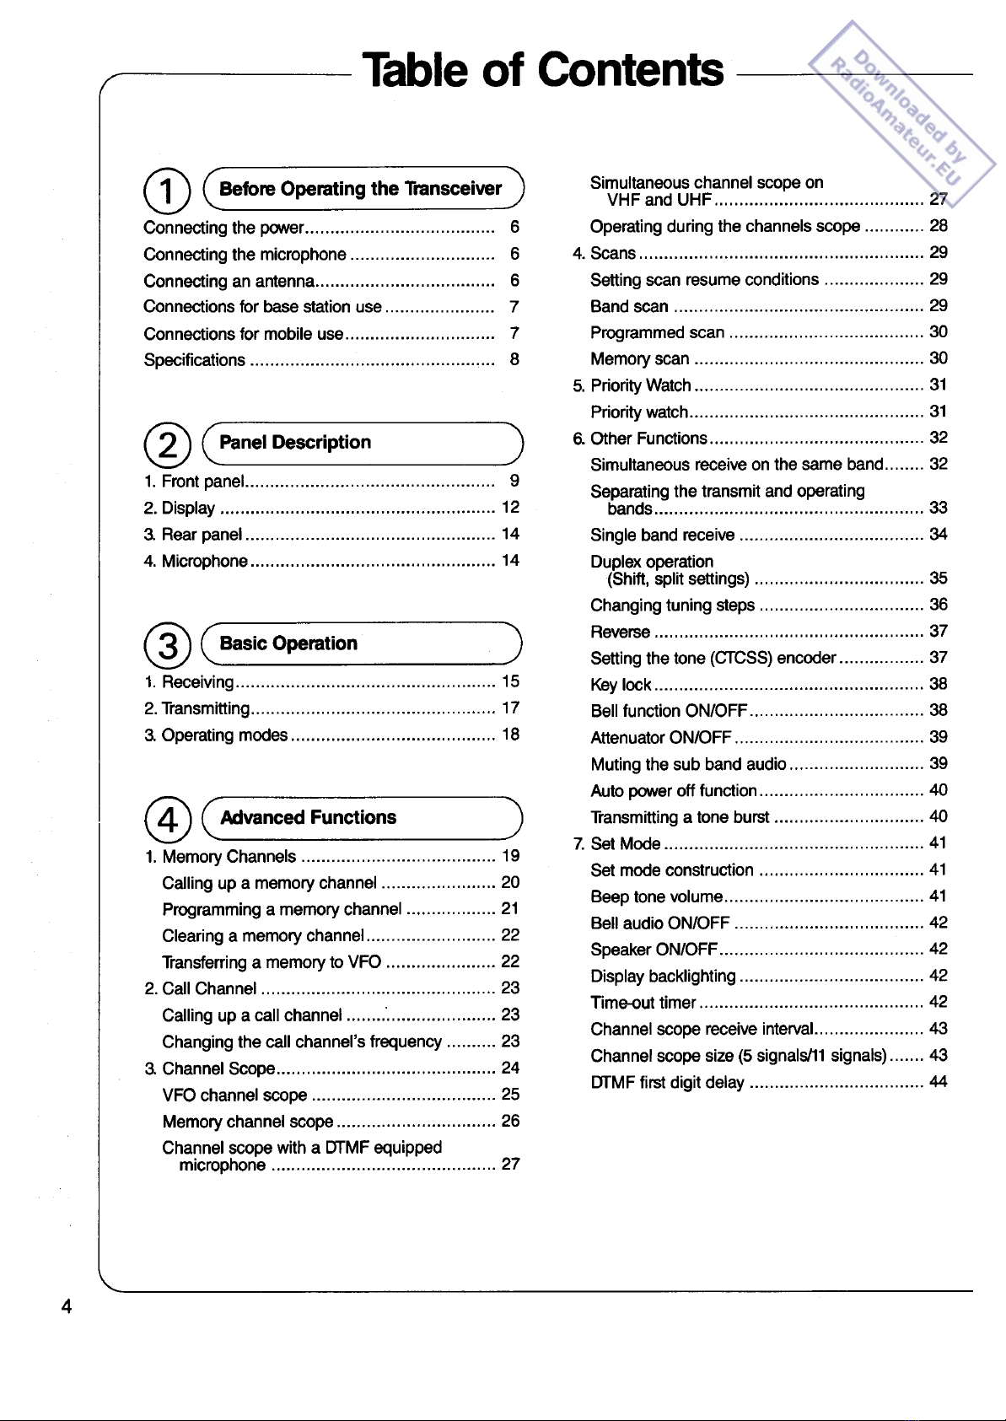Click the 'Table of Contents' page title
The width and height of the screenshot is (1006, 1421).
coord(542,70)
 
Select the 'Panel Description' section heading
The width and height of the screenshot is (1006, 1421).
coord(295,443)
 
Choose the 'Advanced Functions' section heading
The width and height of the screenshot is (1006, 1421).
coord(308,817)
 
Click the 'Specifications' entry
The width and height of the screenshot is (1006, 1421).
coord(194,360)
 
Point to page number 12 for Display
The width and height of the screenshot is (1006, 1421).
coord(510,508)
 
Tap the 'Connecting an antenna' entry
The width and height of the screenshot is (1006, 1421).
coord(229,281)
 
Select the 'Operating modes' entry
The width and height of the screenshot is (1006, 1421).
coord(224,735)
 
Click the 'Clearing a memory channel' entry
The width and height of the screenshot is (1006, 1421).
coord(263,936)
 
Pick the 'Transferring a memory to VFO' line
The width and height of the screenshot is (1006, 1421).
coord(272,962)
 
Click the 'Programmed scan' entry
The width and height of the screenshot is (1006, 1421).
coord(657,333)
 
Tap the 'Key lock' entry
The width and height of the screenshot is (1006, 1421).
coord(621,685)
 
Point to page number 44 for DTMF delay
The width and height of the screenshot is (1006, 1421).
coord(938,1082)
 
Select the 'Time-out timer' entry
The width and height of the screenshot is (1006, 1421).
coord(643,1003)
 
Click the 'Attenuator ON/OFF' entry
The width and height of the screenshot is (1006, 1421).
coord(660,738)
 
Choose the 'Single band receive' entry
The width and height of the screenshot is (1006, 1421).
coord(662,535)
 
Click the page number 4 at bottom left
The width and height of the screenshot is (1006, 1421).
coord(66,1307)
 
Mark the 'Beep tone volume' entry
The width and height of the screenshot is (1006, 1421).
coord(656,896)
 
